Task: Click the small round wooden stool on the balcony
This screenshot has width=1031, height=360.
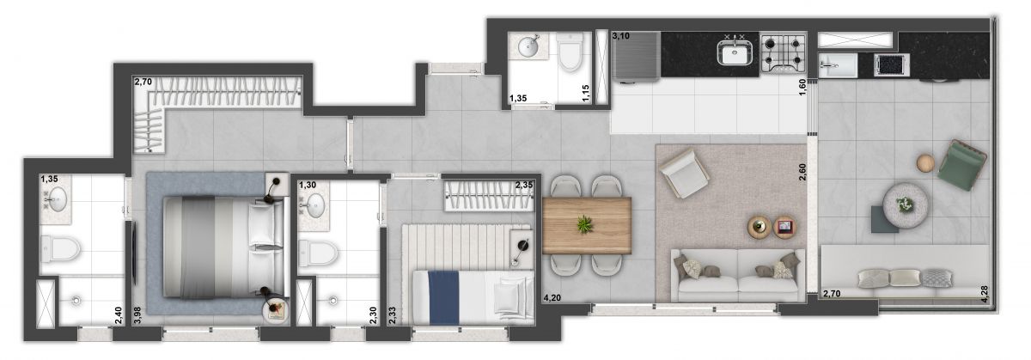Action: pyautogui.click(x=925, y=162)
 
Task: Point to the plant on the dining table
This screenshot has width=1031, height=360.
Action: pyautogui.click(x=584, y=224)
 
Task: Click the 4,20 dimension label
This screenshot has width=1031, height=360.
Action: pyautogui.click(x=553, y=298)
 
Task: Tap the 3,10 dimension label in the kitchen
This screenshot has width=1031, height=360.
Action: pyautogui.click(x=622, y=36)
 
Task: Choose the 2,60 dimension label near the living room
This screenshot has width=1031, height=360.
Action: pyautogui.click(x=802, y=173)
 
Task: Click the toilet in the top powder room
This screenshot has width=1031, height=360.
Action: pyautogui.click(x=570, y=56)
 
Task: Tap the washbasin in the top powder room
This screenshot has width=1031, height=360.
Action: pyautogui.click(x=528, y=47)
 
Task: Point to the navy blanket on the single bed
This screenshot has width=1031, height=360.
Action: pyautogui.click(x=445, y=296)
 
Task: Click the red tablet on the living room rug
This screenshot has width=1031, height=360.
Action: pyautogui.click(x=784, y=228)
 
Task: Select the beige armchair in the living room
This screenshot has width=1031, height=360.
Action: pyautogui.click(x=684, y=171)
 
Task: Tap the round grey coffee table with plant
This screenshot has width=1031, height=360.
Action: pyautogui.click(x=906, y=204)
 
